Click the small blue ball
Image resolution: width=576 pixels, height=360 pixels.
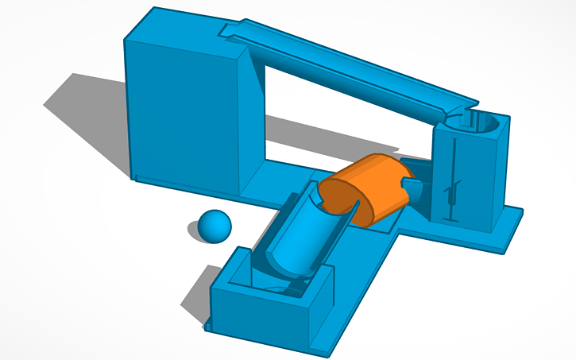coord(215,226)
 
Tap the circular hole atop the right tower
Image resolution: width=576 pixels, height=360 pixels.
coord(477,123)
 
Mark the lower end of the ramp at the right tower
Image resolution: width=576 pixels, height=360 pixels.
coord(453,111)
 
